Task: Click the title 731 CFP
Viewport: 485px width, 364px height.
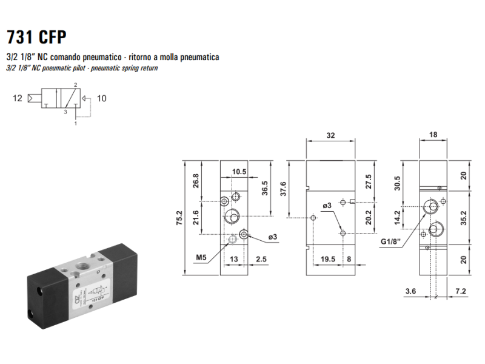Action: pos(36,37)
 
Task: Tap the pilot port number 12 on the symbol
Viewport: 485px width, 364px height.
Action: pos(18,98)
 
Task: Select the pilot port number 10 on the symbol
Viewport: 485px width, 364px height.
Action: pos(101,98)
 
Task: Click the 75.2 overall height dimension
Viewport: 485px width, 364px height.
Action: pos(179,218)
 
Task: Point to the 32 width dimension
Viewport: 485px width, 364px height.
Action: pos(330,135)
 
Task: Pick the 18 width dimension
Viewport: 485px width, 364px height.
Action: pos(433,135)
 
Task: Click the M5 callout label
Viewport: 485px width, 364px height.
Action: pos(201,257)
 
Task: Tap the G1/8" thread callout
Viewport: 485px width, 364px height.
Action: pos(390,241)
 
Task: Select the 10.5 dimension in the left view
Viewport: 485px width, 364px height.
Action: pos(239,172)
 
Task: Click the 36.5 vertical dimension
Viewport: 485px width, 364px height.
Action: pos(265,188)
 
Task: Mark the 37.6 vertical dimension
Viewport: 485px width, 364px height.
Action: pos(283,189)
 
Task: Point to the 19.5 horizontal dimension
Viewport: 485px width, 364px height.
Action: pos(328,259)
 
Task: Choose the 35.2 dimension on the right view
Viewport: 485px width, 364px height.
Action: pos(463,218)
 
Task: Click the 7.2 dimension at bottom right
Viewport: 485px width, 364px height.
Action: pos(461,291)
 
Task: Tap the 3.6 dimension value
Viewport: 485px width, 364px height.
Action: pos(411,291)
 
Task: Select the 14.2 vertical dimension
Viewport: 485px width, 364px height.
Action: pos(398,217)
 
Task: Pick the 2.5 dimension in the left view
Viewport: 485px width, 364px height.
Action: pos(261,259)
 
